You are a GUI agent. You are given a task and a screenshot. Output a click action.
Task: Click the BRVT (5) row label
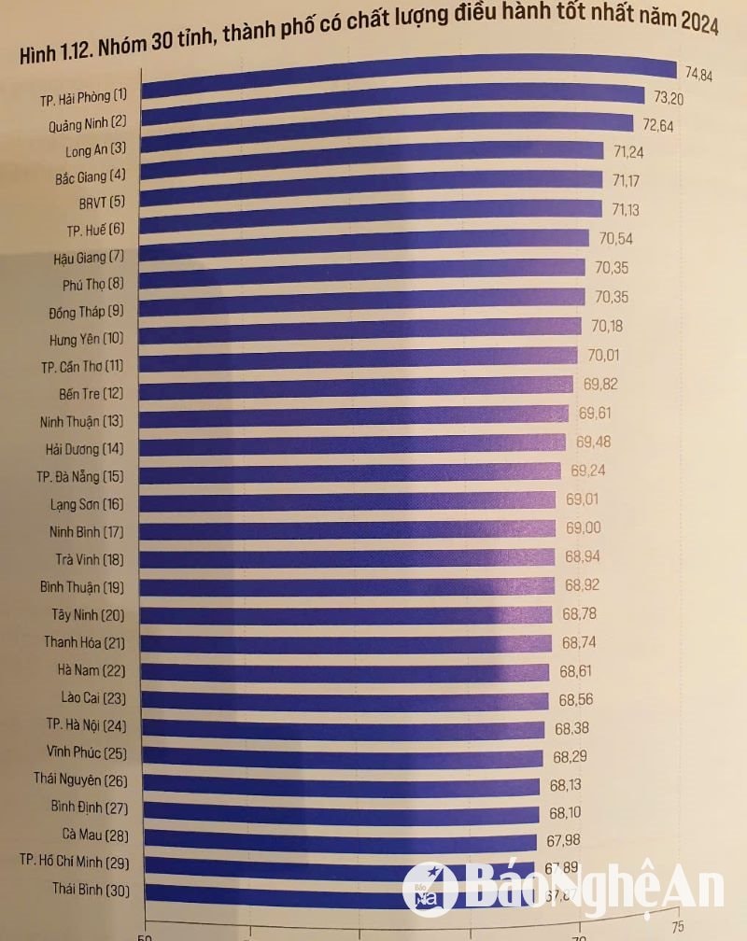pyautogui.click(x=103, y=202)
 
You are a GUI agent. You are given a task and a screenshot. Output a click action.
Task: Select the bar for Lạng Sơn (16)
pyautogui.click(x=350, y=499)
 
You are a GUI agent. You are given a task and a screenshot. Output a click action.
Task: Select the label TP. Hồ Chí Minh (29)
pyautogui.click(x=77, y=861)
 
